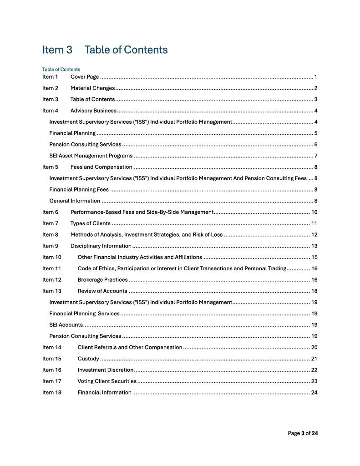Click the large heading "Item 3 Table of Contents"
(x=105, y=50)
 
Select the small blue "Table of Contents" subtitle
(x=61, y=69)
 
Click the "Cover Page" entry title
(x=85, y=76)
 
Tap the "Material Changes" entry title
(x=92, y=88)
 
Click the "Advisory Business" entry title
(x=93, y=111)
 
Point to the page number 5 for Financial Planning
(x=315, y=133)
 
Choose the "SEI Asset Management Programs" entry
(x=91, y=156)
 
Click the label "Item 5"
(x=50, y=167)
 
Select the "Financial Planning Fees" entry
(x=79, y=189)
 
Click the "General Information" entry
(x=75, y=201)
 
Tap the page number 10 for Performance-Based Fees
(x=314, y=212)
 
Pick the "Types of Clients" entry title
(x=90, y=223)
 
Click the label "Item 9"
(x=50, y=246)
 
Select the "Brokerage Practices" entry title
(x=102, y=280)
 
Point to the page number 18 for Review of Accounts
(x=314, y=291)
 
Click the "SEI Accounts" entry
(x=66, y=325)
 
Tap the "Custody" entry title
(x=88, y=359)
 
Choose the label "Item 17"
(x=51, y=381)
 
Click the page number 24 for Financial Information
(x=314, y=393)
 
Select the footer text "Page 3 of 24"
(x=303, y=433)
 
